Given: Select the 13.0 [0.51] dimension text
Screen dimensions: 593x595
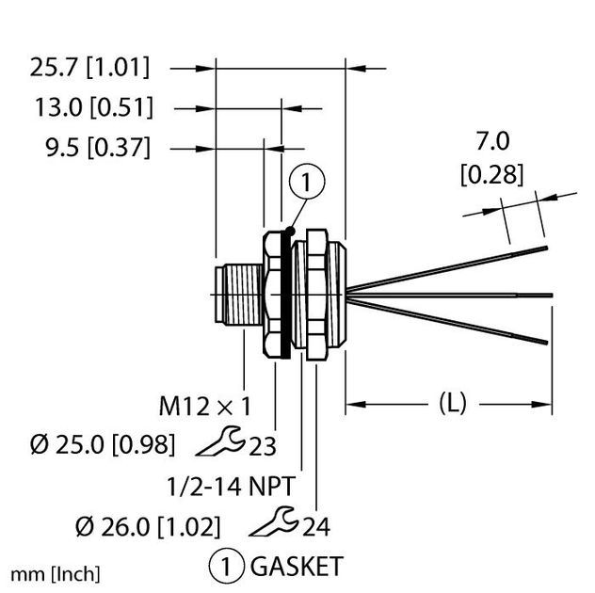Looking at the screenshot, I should pyautogui.click(x=90, y=107).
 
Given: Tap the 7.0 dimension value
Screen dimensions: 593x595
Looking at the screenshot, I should pyautogui.click(x=491, y=141).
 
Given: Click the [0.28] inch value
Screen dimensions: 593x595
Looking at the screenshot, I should pyautogui.click(x=491, y=174).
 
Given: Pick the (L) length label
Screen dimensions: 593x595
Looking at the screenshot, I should pyautogui.click(x=450, y=405).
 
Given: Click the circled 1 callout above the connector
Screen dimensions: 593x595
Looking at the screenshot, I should pyautogui.click(x=311, y=182).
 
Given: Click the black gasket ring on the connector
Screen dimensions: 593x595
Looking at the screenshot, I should pyautogui.click(x=281, y=293).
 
